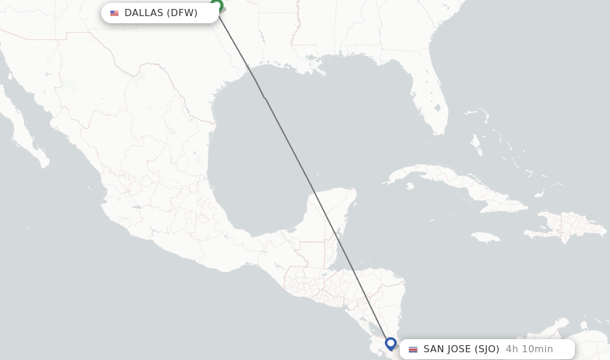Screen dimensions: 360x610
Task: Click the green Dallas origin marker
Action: (x=217, y=6)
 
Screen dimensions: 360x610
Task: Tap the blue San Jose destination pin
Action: (x=391, y=343)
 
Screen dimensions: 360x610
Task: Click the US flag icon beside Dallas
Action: (x=114, y=13)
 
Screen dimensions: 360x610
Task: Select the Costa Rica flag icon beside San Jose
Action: (x=413, y=349)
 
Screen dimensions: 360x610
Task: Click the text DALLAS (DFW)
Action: (x=161, y=13)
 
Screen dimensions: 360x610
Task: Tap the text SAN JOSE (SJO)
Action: (x=461, y=349)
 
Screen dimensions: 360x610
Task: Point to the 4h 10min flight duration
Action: (x=529, y=349)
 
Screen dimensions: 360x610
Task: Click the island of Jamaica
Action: (x=486, y=237)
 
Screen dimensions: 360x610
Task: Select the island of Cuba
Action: (x=453, y=182)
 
